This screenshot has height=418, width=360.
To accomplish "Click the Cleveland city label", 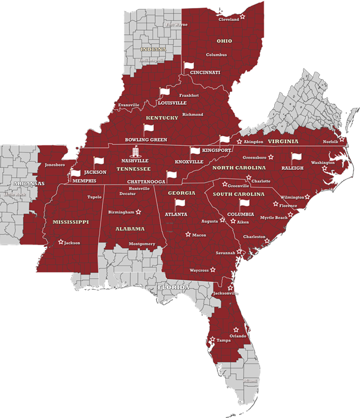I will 228,20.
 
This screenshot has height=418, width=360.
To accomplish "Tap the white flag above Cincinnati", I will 188,65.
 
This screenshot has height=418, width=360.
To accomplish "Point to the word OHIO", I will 224,40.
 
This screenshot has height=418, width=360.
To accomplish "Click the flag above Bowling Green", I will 147,129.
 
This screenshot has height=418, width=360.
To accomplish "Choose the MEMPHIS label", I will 84,181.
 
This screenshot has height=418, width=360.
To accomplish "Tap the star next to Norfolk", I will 342,140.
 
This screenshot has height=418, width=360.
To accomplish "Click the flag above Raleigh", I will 296,158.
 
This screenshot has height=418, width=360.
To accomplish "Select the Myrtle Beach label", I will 274,218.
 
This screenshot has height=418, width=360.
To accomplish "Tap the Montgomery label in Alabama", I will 142,243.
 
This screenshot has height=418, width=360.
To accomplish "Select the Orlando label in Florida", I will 237,336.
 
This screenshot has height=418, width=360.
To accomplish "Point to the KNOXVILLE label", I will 189,162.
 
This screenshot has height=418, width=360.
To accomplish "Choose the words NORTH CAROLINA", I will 239,167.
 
